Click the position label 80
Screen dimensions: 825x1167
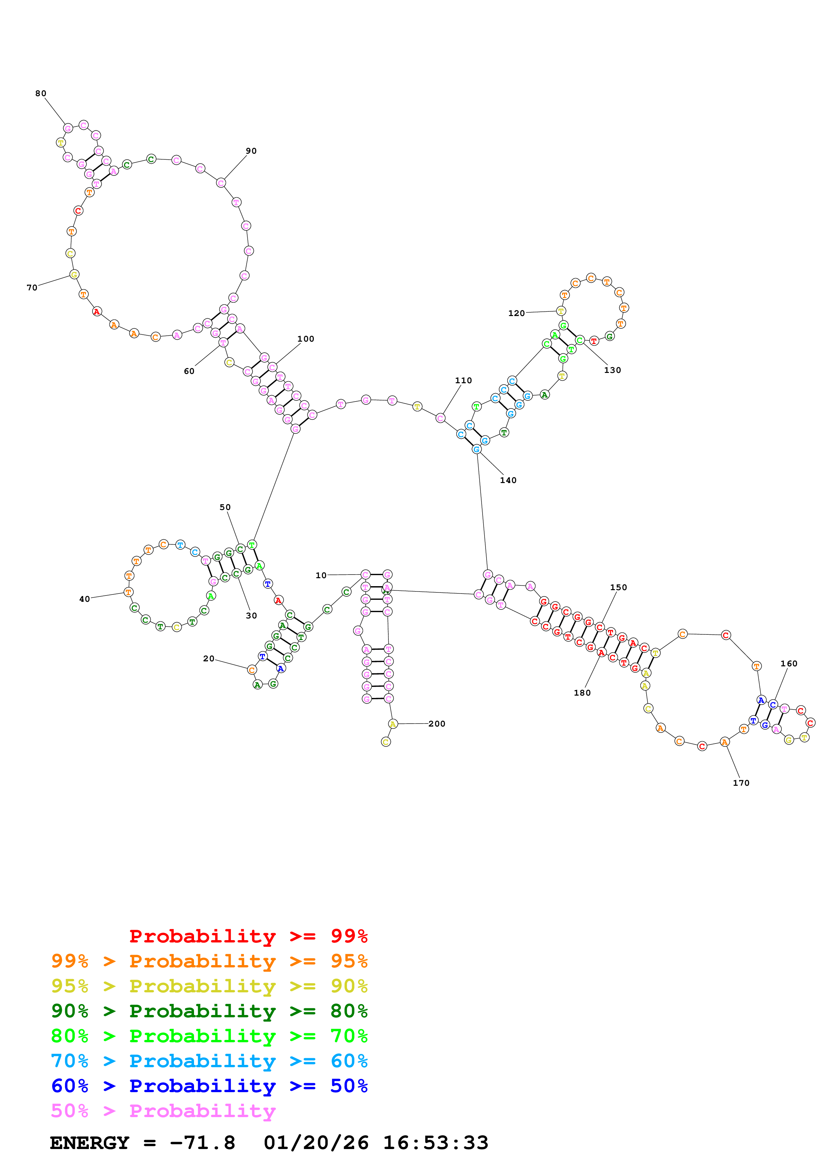[41, 93]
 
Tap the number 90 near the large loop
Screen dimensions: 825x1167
[251, 151]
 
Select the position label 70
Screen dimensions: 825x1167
[32, 288]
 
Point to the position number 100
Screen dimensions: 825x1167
[306, 339]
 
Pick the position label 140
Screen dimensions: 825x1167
[508, 480]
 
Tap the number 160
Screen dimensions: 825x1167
[788, 664]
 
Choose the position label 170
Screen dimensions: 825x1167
[740, 783]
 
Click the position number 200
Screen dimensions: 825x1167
[437, 724]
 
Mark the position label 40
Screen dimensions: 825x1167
[85, 599]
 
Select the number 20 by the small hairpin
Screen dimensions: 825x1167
[208, 659]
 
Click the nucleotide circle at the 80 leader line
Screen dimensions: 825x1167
[68, 129]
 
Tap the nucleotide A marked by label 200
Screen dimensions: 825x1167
[392, 724]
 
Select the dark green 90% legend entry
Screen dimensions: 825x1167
[209, 1011]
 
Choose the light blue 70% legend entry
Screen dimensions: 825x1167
[209, 1061]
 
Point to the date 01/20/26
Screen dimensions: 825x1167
[316, 1143]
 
